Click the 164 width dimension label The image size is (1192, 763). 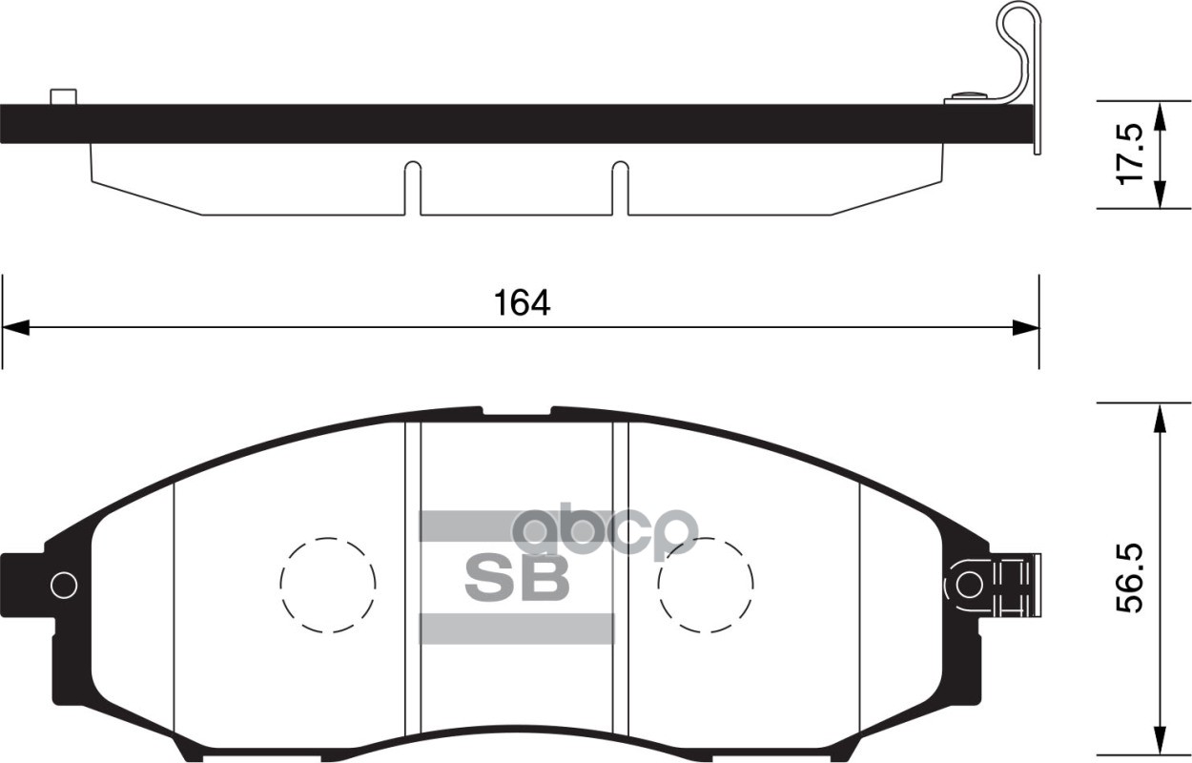click(523, 302)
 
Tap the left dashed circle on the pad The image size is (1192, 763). click(328, 584)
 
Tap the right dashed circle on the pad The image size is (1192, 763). click(706, 584)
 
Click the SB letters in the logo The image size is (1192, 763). click(516, 578)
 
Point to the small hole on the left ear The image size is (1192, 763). click(64, 584)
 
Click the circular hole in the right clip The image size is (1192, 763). click(969, 584)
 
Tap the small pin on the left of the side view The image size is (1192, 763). click(63, 96)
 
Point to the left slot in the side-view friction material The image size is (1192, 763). click(411, 187)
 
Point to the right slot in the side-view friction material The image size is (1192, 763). click(620, 187)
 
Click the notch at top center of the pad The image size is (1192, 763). click(516, 413)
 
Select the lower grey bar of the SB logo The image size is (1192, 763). click(516, 629)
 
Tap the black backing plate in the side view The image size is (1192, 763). click(477, 124)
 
